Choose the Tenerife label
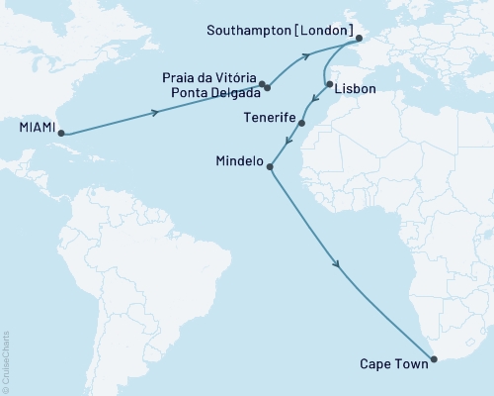tap(268, 117)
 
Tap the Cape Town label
tap(395, 363)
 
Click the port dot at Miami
tap(61, 132)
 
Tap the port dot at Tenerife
tap(301, 124)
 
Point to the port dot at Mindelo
tap(270, 167)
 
